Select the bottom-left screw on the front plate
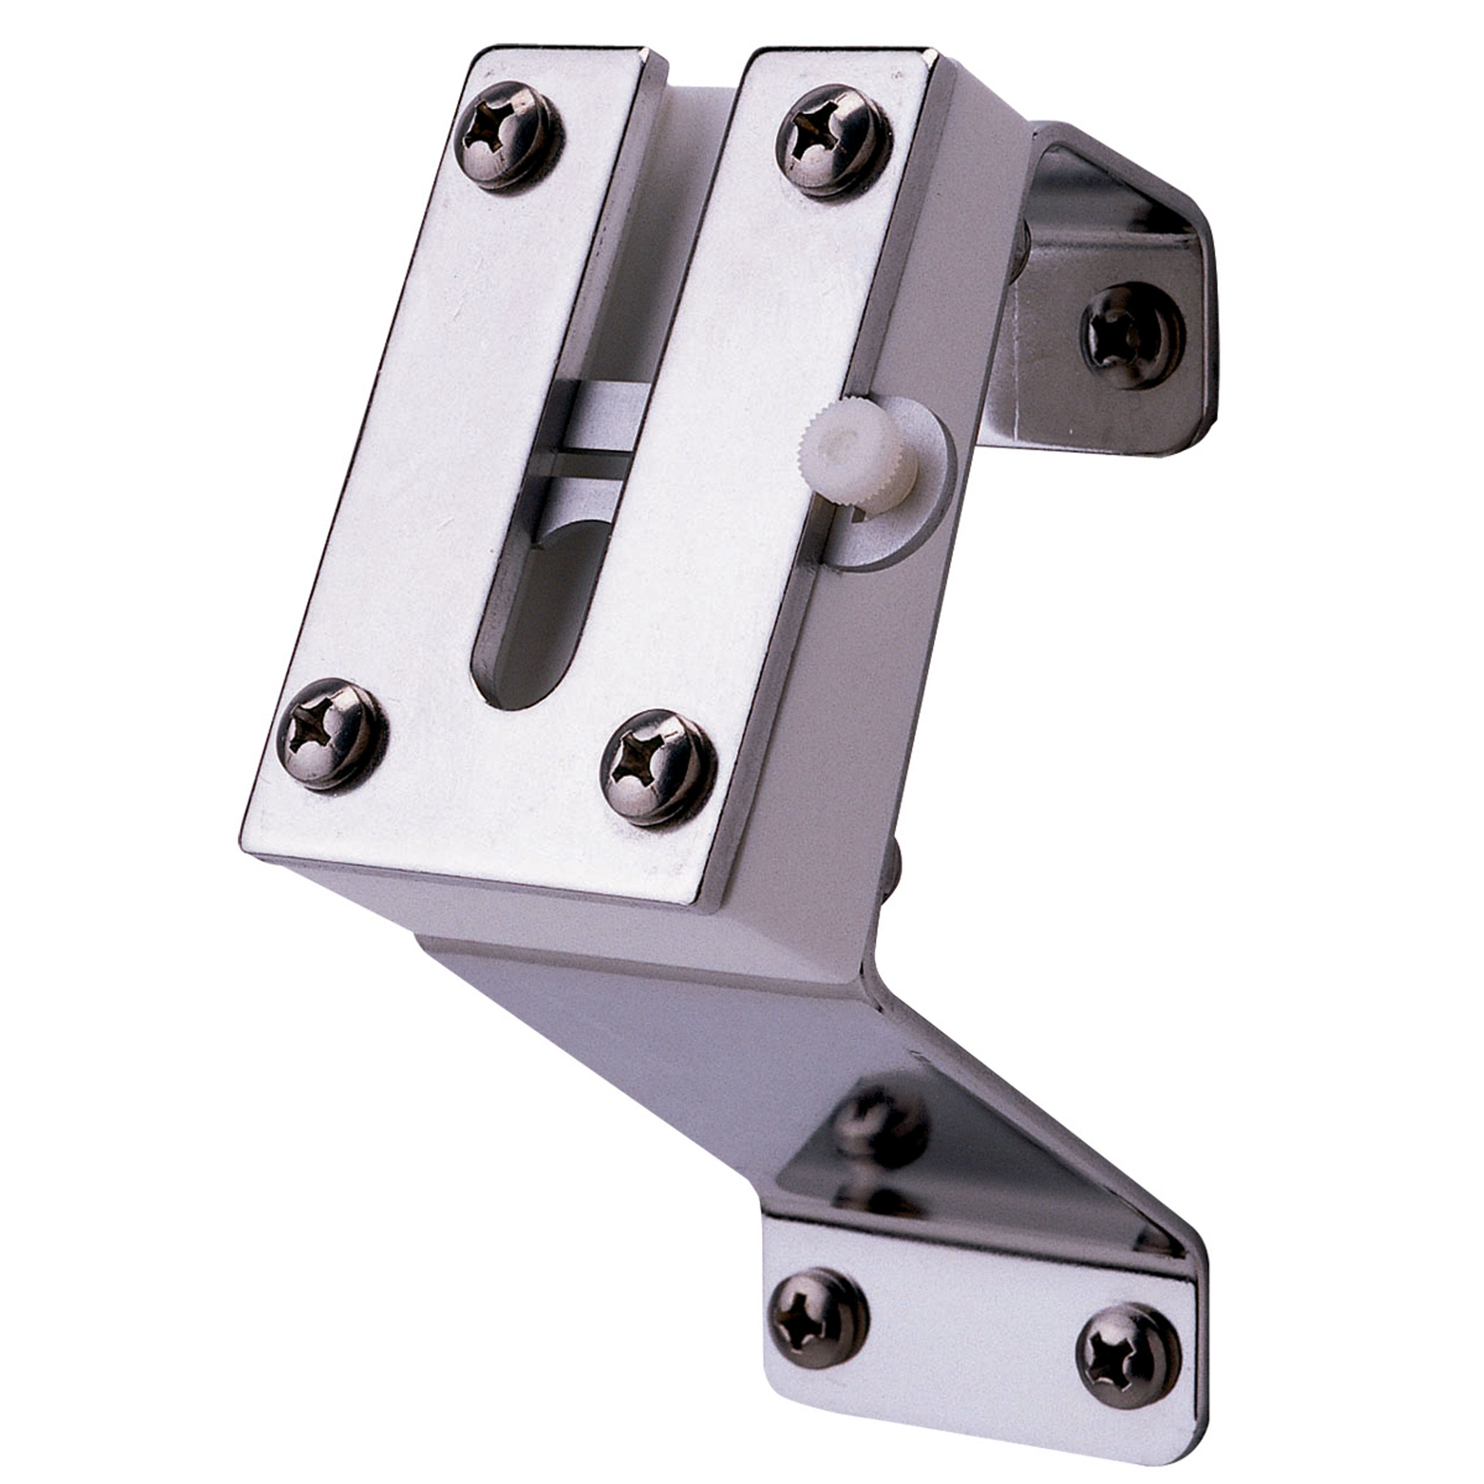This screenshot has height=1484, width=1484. pyautogui.click(x=329, y=734)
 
